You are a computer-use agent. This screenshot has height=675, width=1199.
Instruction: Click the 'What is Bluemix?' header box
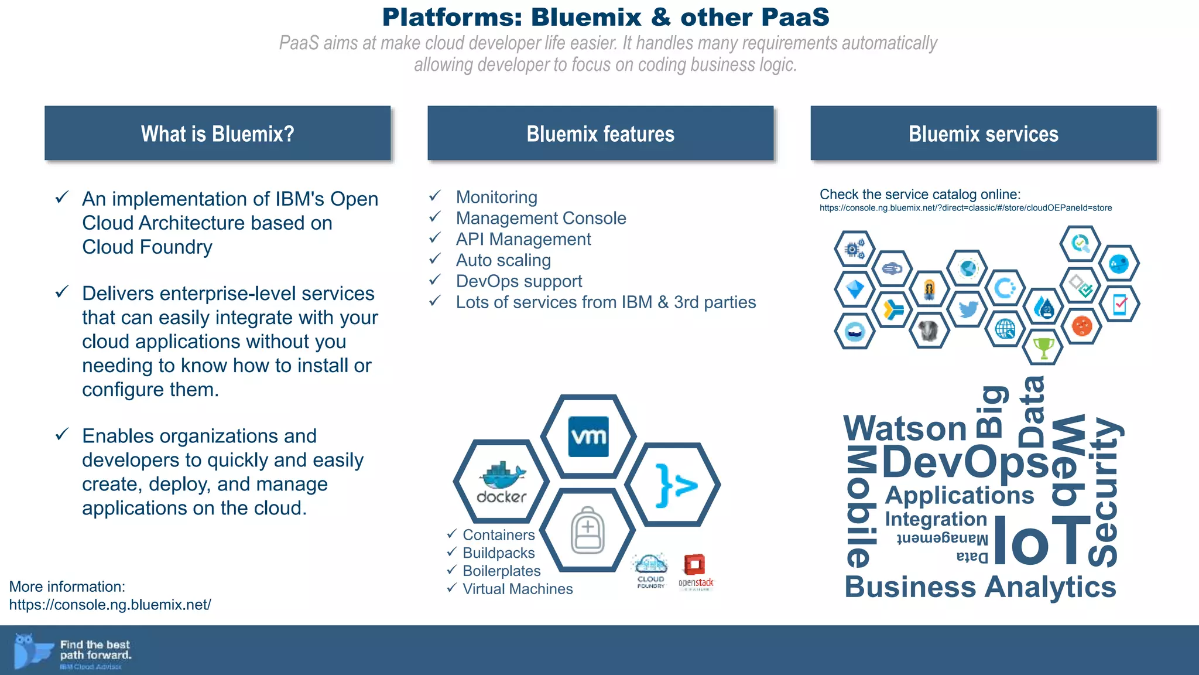(x=217, y=134)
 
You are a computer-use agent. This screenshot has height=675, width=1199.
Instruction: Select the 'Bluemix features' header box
(x=600, y=134)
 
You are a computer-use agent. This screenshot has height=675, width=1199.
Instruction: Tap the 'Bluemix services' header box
(x=983, y=134)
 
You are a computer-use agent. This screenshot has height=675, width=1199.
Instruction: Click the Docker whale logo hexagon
(x=501, y=481)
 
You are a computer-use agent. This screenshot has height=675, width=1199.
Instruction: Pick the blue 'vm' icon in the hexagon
(x=588, y=437)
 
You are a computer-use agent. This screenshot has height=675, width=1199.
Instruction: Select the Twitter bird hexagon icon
(x=968, y=308)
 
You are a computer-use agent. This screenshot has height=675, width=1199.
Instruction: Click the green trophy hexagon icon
(x=1043, y=347)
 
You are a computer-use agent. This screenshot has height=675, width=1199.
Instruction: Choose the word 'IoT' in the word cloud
(x=1042, y=540)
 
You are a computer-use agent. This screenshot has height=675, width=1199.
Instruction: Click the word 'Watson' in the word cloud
(x=905, y=428)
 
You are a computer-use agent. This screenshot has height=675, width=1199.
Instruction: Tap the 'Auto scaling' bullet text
(x=503, y=260)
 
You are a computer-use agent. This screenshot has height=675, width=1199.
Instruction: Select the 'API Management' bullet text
(x=523, y=239)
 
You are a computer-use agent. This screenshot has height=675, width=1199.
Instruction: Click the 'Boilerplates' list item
(x=501, y=571)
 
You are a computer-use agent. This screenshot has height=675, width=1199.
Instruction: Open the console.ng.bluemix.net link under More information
(x=110, y=605)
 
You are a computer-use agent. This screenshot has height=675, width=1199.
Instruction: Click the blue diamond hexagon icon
(x=855, y=289)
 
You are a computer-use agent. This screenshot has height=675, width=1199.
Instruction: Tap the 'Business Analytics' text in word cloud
(x=980, y=587)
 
